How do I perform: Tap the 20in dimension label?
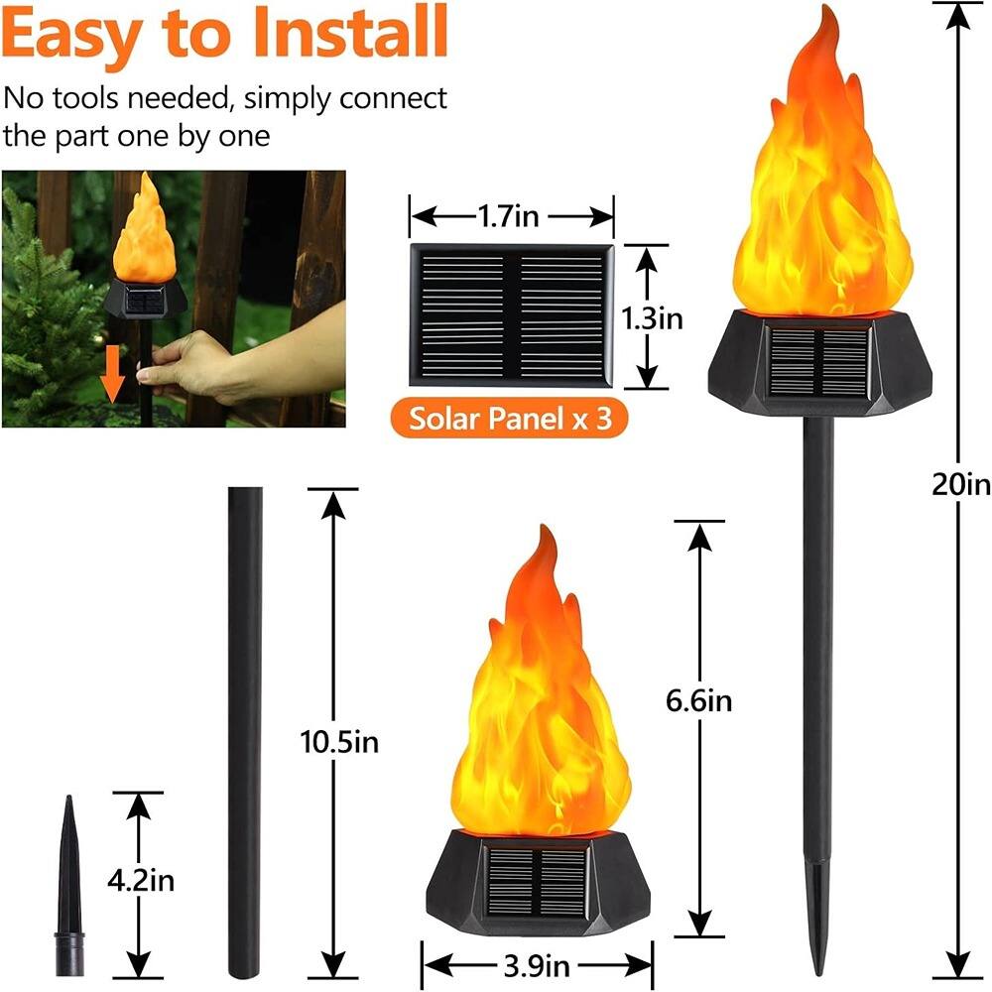click(960, 485)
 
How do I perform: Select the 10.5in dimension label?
click(338, 741)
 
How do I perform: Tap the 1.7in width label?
click(511, 214)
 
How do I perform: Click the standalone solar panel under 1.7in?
click(511, 314)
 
